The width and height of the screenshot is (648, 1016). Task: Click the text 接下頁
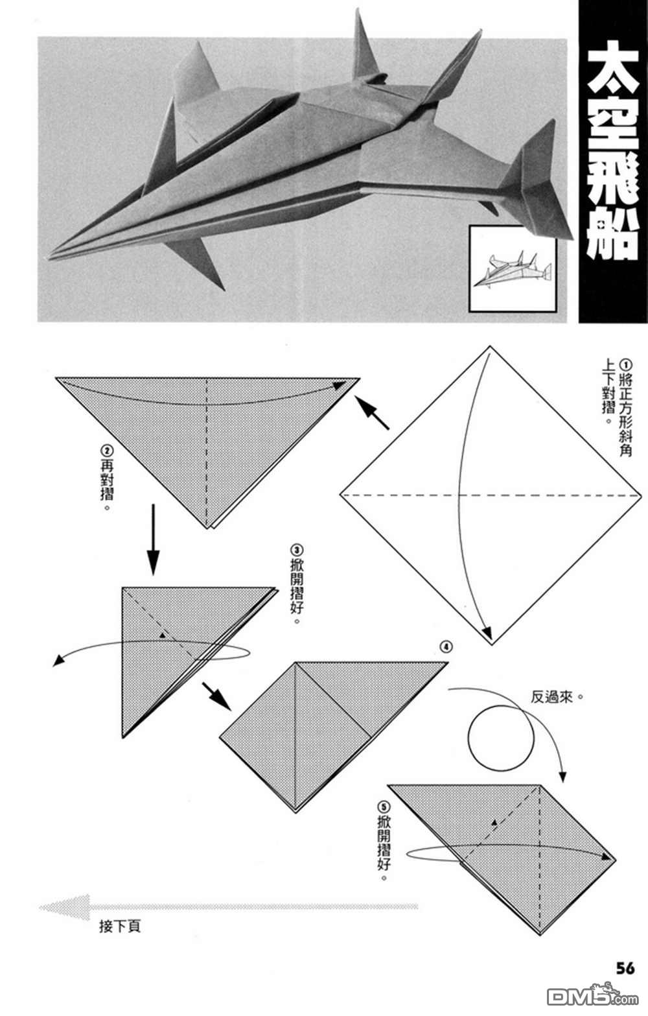pyautogui.click(x=120, y=926)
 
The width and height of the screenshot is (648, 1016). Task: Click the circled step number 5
pyautogui.click(x=384, y=807)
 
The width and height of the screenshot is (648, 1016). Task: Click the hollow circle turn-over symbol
pyautogui.click(x=500, y=737)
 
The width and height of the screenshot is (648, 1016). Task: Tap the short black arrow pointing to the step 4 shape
pyautogui.click(x=216, y=695)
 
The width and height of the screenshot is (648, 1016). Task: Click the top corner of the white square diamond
pyautogui.click(x=491, y=347)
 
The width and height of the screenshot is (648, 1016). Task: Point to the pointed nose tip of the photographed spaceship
pyautogui.click(x=51, y=259)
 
